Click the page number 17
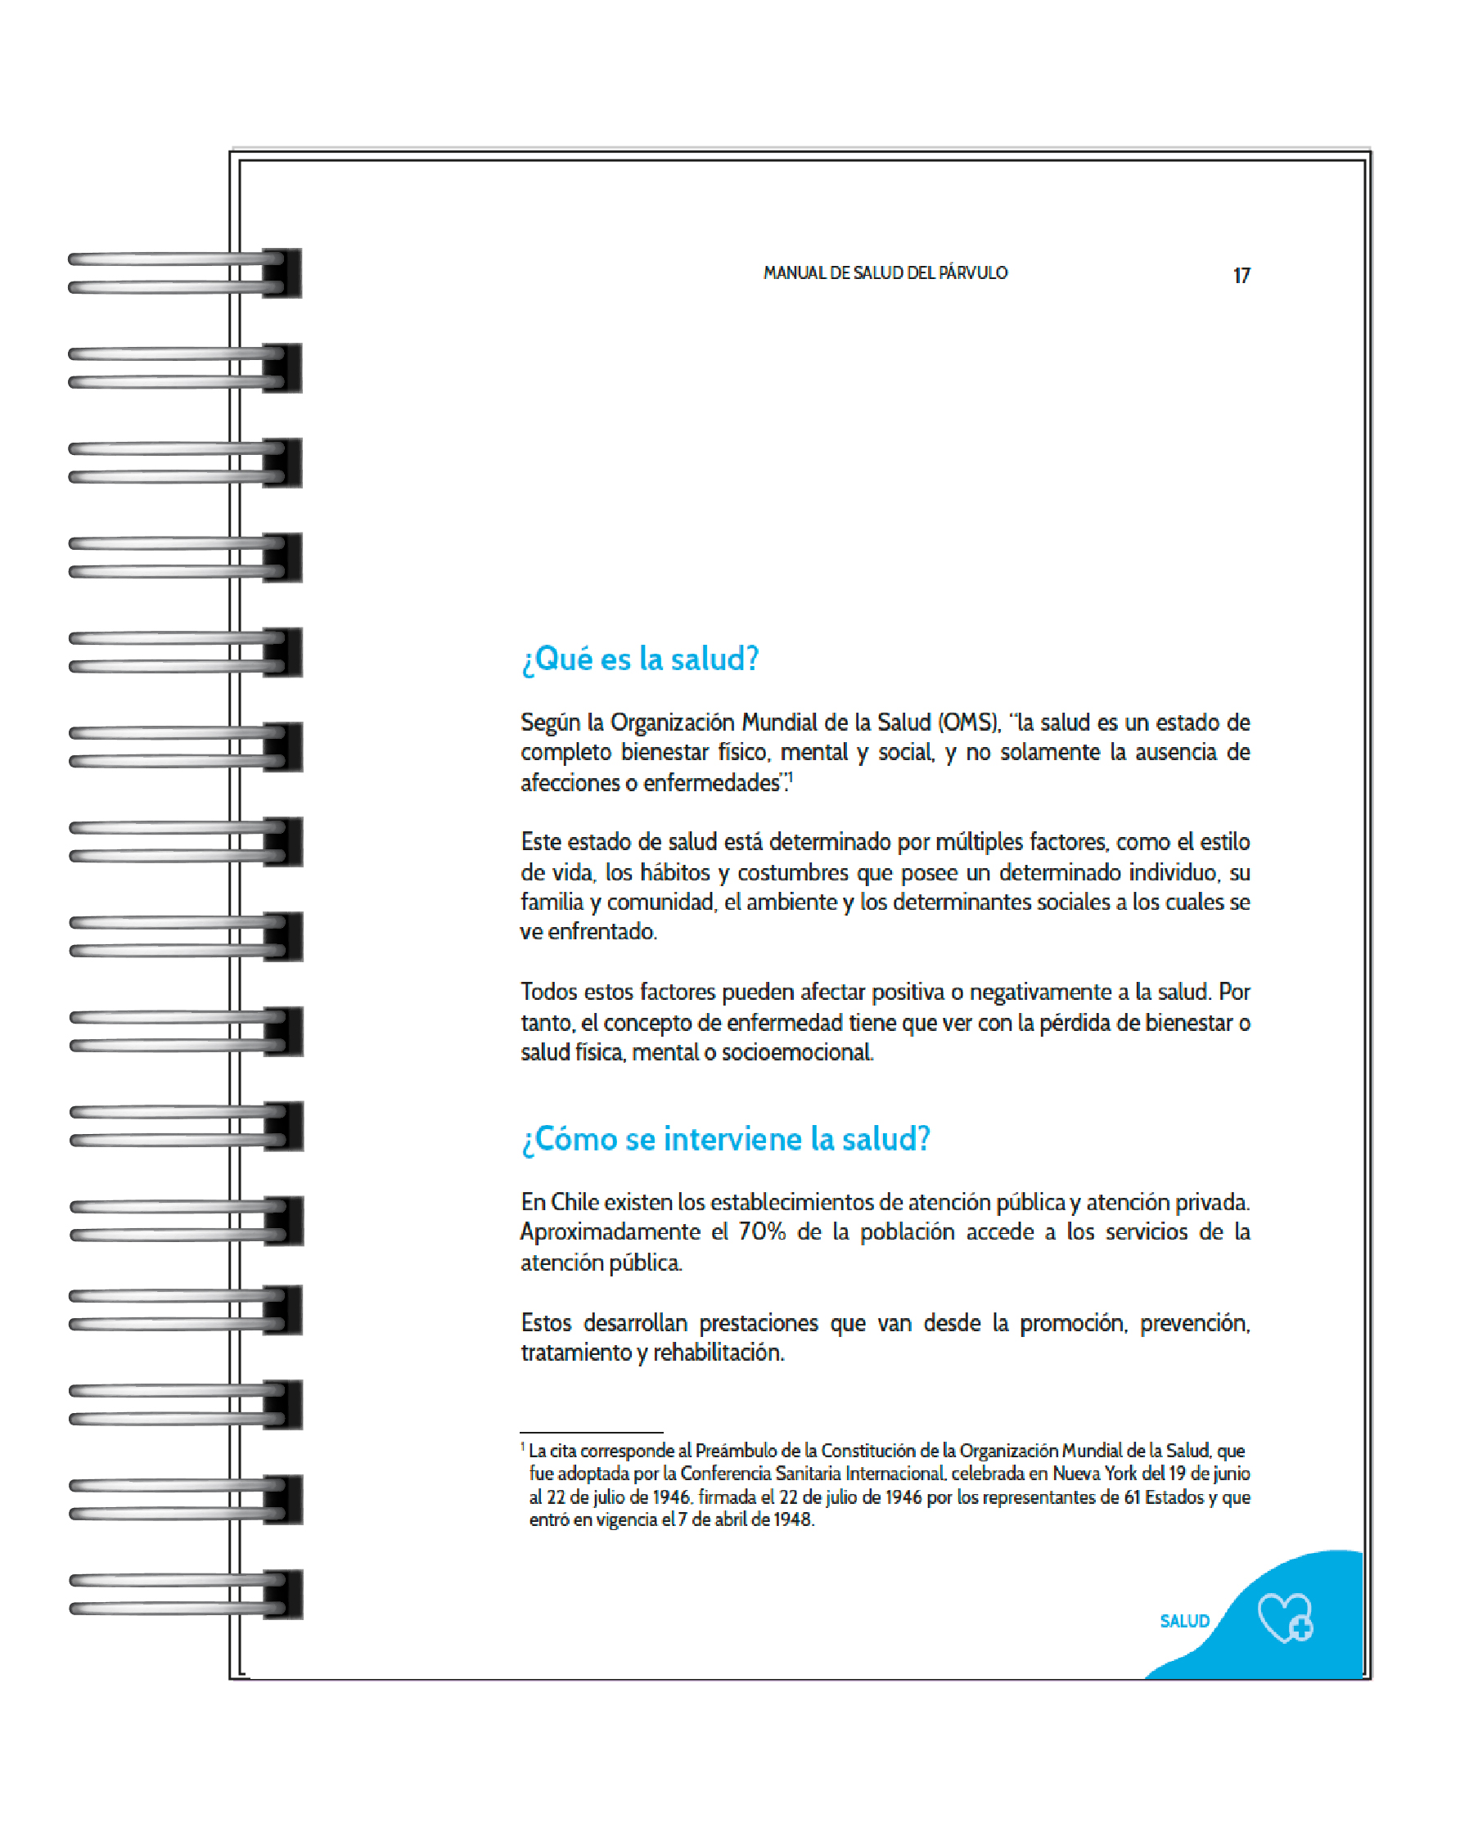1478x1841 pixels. [1241, 275]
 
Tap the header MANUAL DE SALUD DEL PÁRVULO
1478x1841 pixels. [885, 273]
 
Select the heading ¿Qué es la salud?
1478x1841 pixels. [639, 659]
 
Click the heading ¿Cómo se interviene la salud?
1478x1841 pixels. [725, 1139]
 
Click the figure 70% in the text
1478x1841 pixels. [762, 1231]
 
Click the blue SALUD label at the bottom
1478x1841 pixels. [1184, 1621]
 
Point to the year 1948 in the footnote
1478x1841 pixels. [793, 1519]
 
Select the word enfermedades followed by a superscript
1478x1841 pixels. [712, 783]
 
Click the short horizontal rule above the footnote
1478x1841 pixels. [591, 1432]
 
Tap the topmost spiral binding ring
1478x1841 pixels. [183, 273]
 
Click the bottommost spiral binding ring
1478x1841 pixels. [183, 1594]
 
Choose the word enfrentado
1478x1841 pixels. [602, 932]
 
